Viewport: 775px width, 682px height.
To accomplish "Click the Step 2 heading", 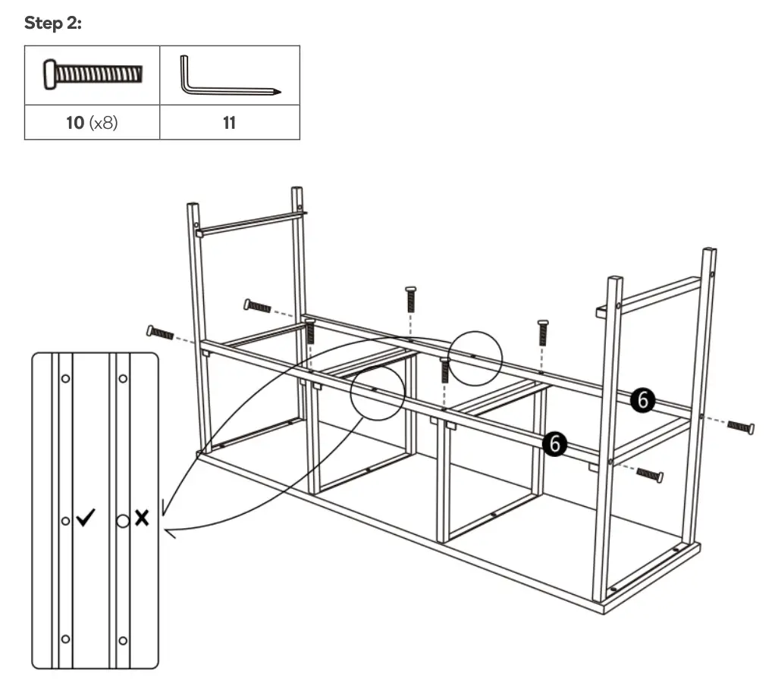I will (x=53, y=23).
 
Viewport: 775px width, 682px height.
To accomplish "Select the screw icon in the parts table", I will (x=93, y=75).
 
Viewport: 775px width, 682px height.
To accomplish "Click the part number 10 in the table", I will (x=75, y=123).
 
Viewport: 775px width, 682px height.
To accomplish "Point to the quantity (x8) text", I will (x=104, y=123).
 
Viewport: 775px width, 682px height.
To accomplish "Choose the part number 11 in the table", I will (x=229, y=123).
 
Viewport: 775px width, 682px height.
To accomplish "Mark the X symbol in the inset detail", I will (x=142, y=518).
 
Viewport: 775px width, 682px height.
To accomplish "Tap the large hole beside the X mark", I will (x=122, y=521).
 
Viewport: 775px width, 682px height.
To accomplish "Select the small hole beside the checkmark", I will (x=65, y=521).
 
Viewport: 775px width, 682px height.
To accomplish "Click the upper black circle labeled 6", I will (x=643, y=400).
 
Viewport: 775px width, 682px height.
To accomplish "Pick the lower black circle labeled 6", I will (x=556, y=443).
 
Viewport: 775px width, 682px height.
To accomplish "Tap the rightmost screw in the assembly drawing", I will (x=740, y=427).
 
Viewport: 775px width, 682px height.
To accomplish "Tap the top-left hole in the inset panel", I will (x=65, y=377).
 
